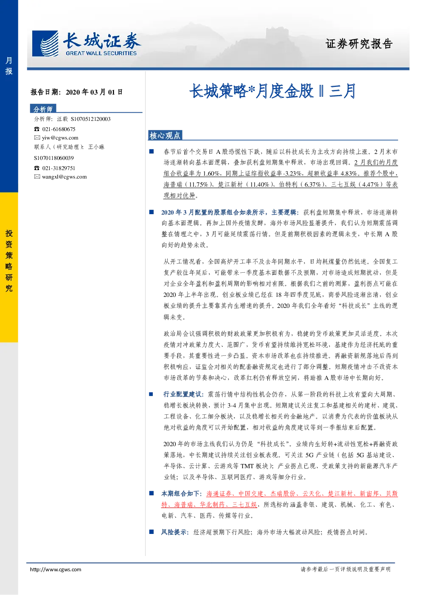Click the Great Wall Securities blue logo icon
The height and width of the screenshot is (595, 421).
point(45,44)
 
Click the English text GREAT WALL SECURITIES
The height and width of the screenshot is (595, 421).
point(101,53)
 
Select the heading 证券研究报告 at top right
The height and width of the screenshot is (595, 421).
point(359,44)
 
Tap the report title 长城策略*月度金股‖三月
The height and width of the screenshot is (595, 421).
point(273,91)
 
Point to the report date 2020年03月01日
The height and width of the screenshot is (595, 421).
point(94,92)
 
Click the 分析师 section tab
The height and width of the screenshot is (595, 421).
point(43,109)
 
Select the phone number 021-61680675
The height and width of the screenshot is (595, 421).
point(59,129)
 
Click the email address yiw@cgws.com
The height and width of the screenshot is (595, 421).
point(60,138)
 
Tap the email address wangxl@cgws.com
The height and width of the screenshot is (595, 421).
point(65,177)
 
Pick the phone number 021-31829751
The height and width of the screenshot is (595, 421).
point(59,168)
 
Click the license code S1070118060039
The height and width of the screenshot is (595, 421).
point(54,158)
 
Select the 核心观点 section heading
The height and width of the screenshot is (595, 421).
point(165,135)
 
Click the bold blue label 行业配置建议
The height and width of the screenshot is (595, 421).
point(183,394)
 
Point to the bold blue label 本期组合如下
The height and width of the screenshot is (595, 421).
point(182,494)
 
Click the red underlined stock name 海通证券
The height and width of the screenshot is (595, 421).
point(219,494)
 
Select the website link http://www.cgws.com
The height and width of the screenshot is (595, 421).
point(56,570)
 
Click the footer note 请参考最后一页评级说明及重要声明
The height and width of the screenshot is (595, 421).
point(345,569)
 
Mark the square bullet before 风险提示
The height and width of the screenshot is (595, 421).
point(152,532)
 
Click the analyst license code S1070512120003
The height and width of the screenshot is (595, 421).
point(91,119)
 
